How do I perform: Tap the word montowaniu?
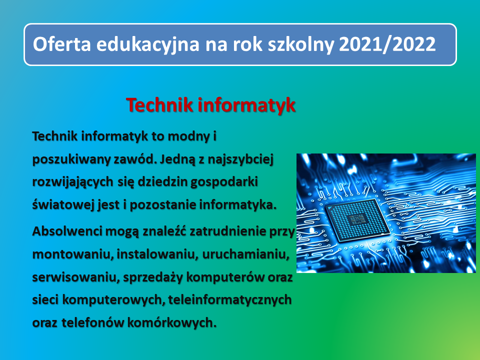(71, 254)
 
